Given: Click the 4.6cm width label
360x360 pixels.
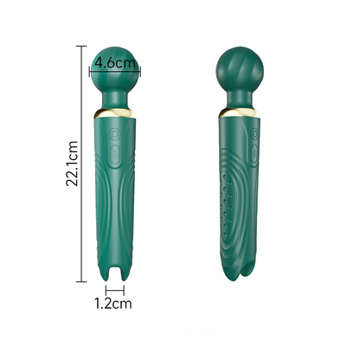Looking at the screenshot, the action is (x=115, y=62).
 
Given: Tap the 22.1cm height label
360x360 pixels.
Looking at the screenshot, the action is (x=72, y=164).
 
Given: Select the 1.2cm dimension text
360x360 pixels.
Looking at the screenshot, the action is (x=113, y=303).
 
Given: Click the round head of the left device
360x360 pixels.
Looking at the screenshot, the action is (x=115, y=69).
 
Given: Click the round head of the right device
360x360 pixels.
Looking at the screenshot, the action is (x=240, y=69).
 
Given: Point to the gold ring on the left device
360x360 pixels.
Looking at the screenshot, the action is (x=115, y=114).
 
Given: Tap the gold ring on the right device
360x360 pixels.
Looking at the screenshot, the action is (x=240, y=113).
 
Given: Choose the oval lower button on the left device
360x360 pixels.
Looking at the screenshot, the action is (x=115, y=155).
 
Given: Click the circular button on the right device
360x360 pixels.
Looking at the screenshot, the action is (x=254, y=134).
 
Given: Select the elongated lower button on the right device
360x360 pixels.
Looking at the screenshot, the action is (x=254, y=155).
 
